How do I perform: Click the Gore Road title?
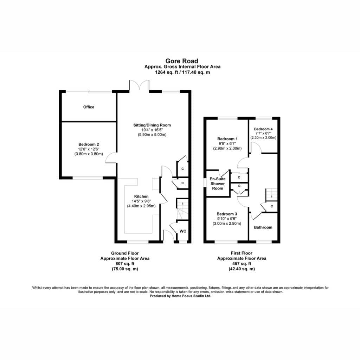pos(182,61)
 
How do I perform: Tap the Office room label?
pos(89,107)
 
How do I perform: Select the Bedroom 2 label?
pos(89,144)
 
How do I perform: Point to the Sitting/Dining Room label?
pos(152,125)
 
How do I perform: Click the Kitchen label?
pos(141,196)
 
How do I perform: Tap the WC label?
pos(183,231)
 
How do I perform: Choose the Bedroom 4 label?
pos(263,129)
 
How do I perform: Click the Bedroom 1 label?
pos(227,139)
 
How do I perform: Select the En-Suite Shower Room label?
pos(217,184)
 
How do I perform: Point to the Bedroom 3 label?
pos(227,214)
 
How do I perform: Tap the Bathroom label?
pos(263,227)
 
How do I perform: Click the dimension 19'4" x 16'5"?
pos(152,130)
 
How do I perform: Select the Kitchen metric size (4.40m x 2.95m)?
pos(141,206)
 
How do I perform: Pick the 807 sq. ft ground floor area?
pos(125,264)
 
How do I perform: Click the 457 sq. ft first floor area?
pos(242,264)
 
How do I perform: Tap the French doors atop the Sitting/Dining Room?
pos(139,85)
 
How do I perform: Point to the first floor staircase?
pos(271,195)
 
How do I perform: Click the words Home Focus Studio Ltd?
pos(191,296)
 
